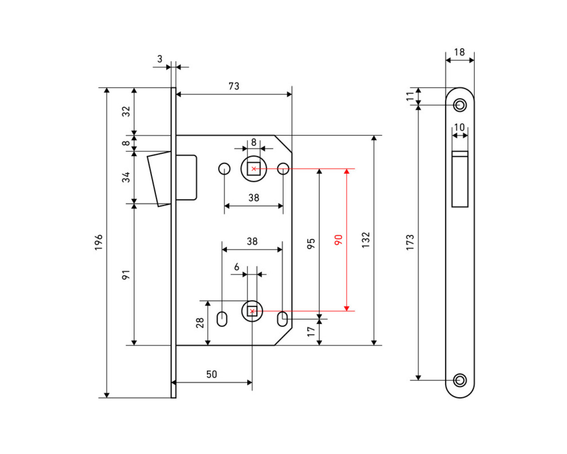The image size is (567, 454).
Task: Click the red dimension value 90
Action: coord(339,240)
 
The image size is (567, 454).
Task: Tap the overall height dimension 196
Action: coord(98,242)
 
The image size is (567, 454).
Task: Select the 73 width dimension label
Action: coord(234,86)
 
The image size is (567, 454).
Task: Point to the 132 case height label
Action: coord(365,240)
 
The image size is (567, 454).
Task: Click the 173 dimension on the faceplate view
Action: coord(410,242)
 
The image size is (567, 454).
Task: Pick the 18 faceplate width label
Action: coord(459,52)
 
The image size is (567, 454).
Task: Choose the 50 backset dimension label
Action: coord(212,374)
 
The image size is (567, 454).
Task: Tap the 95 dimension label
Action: coord(311,243)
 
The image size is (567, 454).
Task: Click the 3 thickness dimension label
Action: coord(160,59)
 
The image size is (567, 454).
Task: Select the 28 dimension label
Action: coord(200,322)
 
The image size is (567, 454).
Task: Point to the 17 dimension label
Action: coord(311,331)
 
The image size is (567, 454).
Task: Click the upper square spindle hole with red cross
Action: coord(253,169)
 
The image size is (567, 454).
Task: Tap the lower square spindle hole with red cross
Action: coord(252,311)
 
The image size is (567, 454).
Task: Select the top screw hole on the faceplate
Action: coord(460,105)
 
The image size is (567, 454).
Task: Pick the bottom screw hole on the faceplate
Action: coord(460,380)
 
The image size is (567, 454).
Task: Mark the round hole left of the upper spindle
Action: coord(225,168)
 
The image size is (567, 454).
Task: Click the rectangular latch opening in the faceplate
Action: coord(460,179)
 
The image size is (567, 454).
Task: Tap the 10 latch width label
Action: coord(459,127)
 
